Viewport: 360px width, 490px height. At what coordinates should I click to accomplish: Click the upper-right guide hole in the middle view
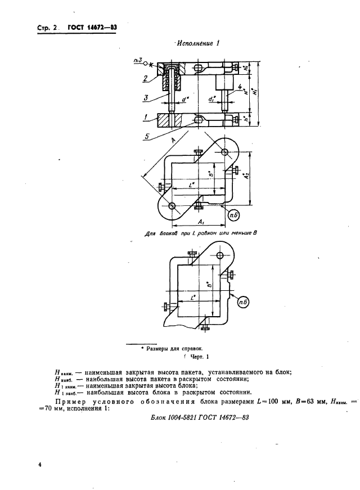click(225, 152)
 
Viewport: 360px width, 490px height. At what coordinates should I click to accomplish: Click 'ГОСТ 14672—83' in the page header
click(92, 26)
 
